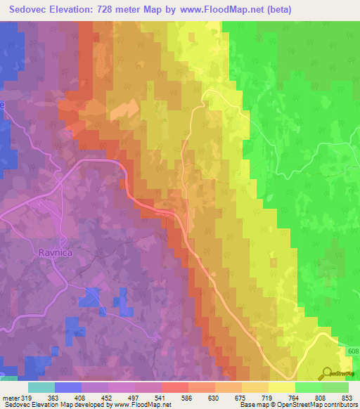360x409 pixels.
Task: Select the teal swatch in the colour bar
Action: pos(41,387)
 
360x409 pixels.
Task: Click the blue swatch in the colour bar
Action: pos(67,387)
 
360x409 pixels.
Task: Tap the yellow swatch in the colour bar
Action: pos(281,387)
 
